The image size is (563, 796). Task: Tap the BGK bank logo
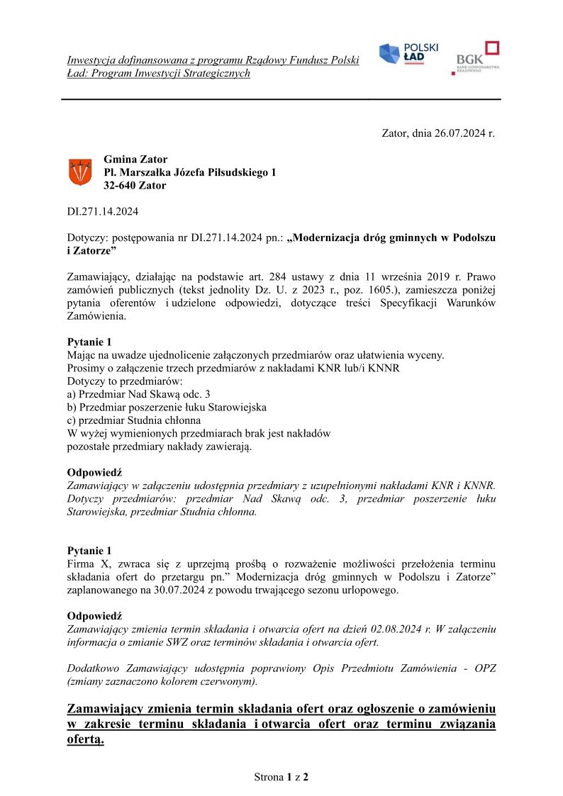pos(477,58)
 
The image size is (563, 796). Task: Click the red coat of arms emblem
pos(79,172)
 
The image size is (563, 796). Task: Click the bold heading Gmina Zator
pos(135,159)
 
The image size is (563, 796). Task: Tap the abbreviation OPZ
pos(483,668)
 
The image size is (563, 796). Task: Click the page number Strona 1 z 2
pos(281,777)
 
